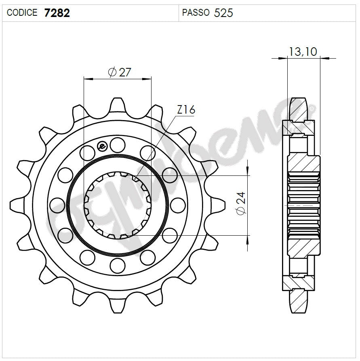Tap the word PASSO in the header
(x=196, y=13)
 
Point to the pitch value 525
(x=223, y=13)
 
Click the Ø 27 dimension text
(x=119, y=72)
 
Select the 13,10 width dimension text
(x=303, y=51)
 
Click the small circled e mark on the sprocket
(x=102, y=146)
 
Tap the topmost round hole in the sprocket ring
(x=118, y=143)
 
